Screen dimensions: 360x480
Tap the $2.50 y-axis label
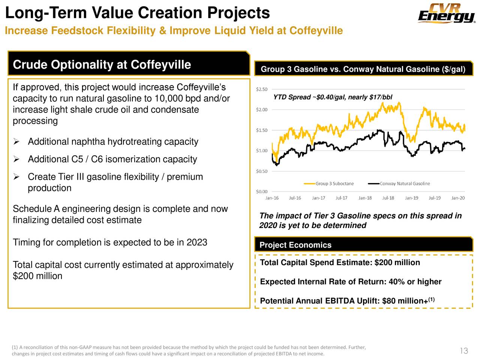(261, 89)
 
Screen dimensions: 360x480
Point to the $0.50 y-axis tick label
(261, 171)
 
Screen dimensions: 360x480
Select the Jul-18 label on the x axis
(388, 198)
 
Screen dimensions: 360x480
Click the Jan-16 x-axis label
(272, 198)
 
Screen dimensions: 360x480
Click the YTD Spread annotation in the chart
(333, 97)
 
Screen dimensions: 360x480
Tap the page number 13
(463, 351)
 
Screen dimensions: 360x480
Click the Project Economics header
(295, 245)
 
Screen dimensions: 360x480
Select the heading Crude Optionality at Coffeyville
(102, 64)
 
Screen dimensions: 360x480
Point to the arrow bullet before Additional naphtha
(16, 142)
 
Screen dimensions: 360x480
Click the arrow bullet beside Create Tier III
(16, 177)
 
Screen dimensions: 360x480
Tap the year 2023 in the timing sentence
(196, 242)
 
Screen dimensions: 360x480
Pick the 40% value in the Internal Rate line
(396, 282)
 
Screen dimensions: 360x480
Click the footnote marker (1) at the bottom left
(15, 347)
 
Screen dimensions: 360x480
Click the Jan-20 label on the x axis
(458, 198)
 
